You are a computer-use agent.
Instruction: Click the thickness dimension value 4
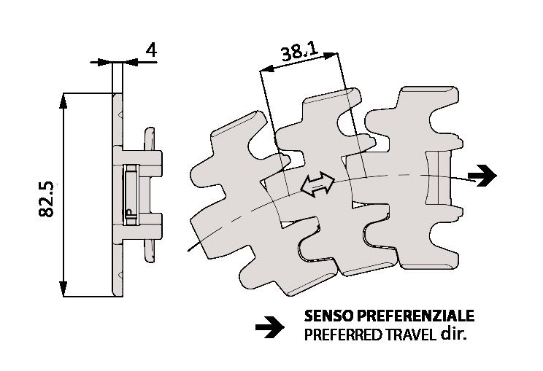point(151,50)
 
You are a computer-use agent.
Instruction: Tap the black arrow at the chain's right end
point(482,176)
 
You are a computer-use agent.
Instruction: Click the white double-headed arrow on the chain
point(317,184)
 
